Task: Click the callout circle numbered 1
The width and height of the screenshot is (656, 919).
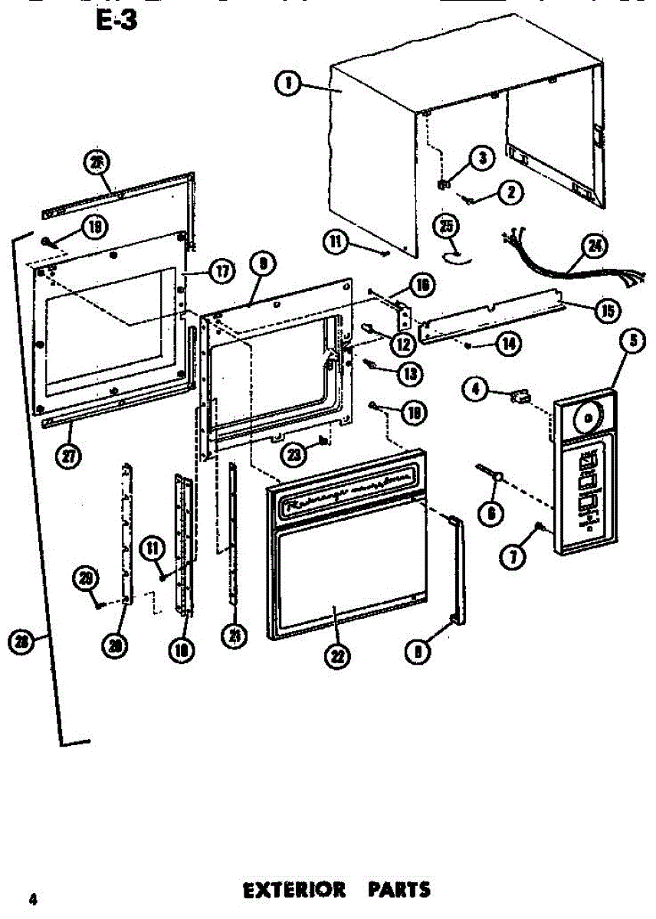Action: point(287,83)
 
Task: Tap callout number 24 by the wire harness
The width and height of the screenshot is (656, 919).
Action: point(593,246)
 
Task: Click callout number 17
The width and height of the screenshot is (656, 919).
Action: point(222,271)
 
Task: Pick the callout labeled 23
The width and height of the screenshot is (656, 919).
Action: point(295,454)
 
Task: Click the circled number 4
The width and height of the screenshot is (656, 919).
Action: point(475,390)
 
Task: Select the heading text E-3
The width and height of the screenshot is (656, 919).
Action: point(116,20)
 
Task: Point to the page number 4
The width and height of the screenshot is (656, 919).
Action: point(32,899)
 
